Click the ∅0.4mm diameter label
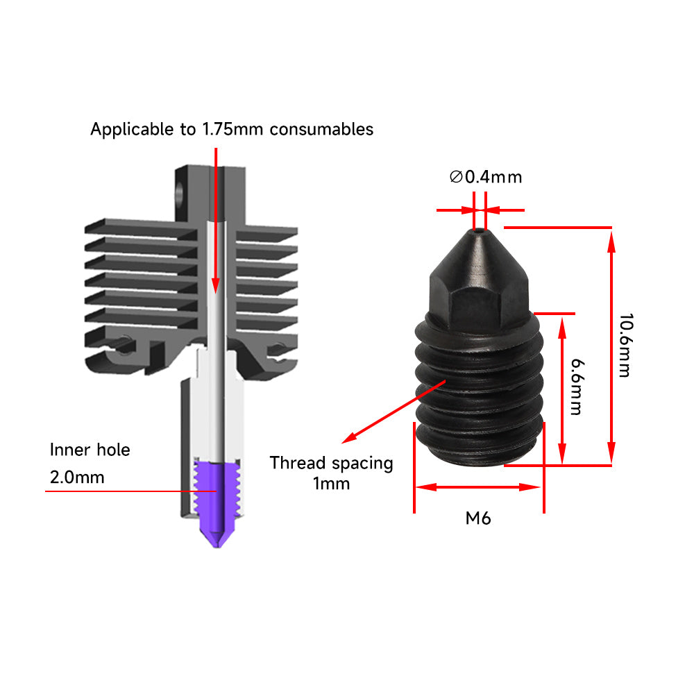click(x=486, y=177)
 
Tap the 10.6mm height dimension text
click(x=625, y=345)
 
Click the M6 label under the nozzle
click(x=478, y=518)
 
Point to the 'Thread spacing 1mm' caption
click(x=331, y=473)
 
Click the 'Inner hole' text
click(x=90, y=450)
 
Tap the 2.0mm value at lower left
click(x=77, y=477)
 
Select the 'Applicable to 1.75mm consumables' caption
click(x=232, y=129)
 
